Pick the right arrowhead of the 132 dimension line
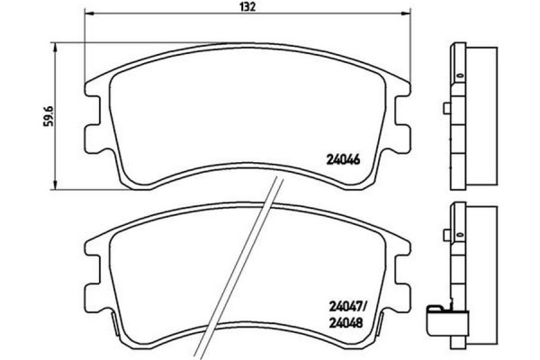pyautogui.click(x=410, y=15)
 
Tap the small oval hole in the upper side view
pyautogui.click(x=459, y=76)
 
